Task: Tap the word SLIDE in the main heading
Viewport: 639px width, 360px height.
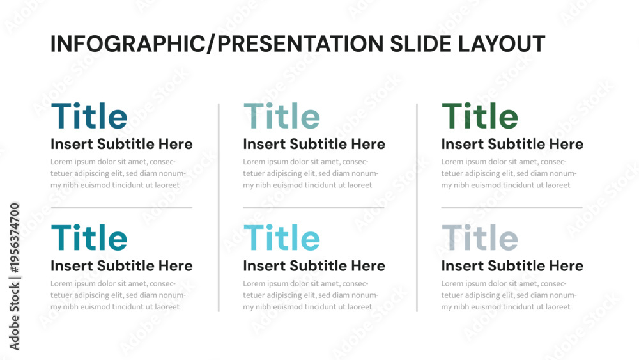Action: [421, 43]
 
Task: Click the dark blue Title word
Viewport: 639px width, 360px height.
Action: [89, 116]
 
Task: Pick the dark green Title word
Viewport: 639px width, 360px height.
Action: [480, 116]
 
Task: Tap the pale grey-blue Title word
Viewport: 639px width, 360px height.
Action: [480, 238]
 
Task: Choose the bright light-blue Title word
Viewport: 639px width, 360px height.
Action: [282, 238]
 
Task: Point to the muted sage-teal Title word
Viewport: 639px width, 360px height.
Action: [282, 116]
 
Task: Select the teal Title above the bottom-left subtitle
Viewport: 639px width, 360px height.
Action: [89, 238]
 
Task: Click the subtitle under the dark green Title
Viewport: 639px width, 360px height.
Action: [512, 144]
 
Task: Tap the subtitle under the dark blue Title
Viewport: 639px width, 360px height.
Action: [121, 144]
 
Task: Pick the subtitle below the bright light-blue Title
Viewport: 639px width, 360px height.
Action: [314, 266]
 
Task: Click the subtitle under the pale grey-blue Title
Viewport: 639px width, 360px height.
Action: [512, 266]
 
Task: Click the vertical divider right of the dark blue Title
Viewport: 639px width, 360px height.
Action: [219, 208]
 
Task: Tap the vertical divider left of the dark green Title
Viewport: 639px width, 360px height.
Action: [417, 208]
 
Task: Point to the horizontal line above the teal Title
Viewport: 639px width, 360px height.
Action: [121, 208]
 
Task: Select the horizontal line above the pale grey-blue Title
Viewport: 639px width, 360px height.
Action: [512, 208]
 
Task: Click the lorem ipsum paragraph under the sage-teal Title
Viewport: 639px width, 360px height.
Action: [311, 173]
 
